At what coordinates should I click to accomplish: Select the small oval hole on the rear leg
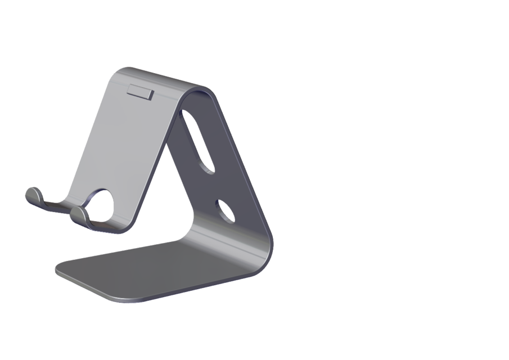[x=226, y=211]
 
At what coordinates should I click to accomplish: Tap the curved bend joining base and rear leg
[x=264, y=247]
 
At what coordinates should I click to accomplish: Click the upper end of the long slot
[x=186, y=115]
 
